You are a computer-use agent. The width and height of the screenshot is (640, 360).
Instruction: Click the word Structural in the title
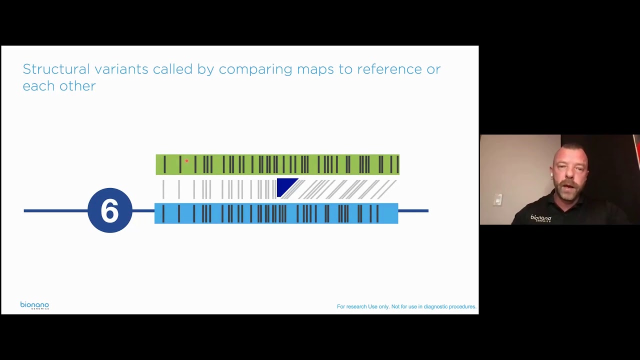[x=56, y=69]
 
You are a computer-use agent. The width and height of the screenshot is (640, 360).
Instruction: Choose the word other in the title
[x=77, y=86]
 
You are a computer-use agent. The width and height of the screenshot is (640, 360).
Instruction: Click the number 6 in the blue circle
[x=110, y=210]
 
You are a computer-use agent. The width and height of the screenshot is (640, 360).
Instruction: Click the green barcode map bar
[x=277, y=164]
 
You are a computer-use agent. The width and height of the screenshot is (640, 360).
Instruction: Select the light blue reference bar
[x=276, y=213]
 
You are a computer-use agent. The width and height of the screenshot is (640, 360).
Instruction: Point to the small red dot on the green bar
[x=186, y=160]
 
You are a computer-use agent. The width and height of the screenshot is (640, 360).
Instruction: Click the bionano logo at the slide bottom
[x=34, y=305]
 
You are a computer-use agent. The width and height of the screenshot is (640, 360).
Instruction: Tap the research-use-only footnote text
[x=406, y=306]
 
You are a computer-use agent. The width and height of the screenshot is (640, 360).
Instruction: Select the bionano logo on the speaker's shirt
[x=540, y=218]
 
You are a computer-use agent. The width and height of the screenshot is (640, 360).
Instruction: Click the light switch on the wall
[x=497, y=200]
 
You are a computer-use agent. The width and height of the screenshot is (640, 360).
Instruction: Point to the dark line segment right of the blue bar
[x=413, y=211]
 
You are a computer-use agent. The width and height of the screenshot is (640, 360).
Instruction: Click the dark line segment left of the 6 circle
[x=55, y=211]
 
